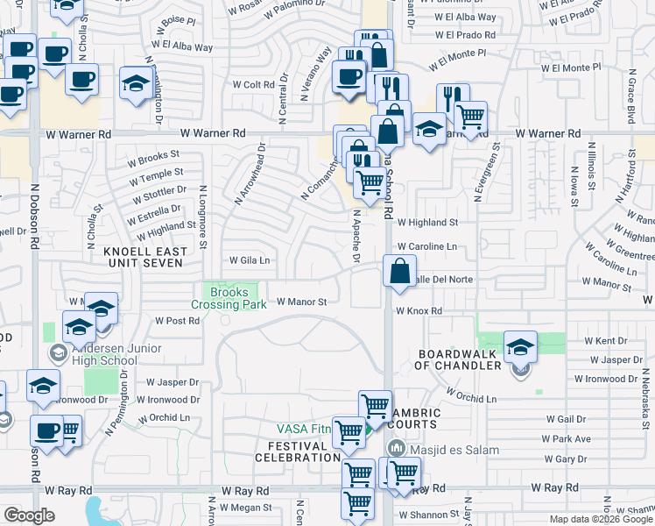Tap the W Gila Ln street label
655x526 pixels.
[x=249, y=260]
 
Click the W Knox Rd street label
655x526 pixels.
[x=419, y=311]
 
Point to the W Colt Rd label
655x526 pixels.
[x=253, y=85]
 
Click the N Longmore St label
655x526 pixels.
[x=203, y=217]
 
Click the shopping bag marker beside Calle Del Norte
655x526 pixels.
[x=399, y=273]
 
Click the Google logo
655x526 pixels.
[x=29, y=515]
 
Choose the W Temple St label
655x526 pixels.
[x=156, y=175]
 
